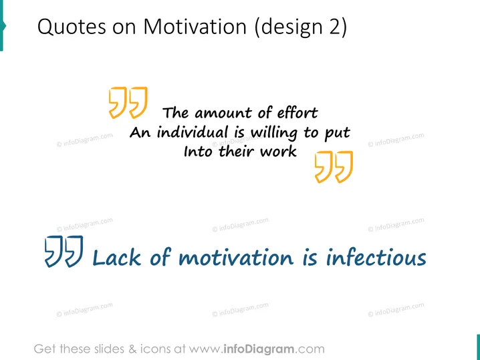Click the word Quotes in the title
tap(72, 27)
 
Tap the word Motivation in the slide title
tap(195, 26)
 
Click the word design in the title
tap(291, 27)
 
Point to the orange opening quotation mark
tap(128, 102)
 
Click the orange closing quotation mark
tap(334, 167)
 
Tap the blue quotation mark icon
tap(64, 251)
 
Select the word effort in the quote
tap(297, 113)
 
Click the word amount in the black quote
tap(224, 114)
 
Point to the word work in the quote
tap(278, 152)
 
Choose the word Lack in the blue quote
tap(116, 257)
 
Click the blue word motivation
tap(236, 257)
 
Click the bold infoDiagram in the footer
tap(258, 349)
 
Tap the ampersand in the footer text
tap(132, 349)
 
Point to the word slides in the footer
tap(109, 349)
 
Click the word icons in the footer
tap(156, 349)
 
